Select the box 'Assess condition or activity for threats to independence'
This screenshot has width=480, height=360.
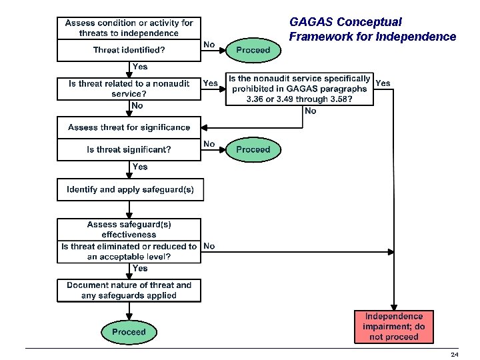[129, 28]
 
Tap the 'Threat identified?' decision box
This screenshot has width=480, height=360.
[129, 50]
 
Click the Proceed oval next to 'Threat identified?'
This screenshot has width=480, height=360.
[253, 50]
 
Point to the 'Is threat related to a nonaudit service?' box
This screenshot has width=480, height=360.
[129, 89]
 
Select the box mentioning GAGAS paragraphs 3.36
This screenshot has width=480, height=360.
[299, 89]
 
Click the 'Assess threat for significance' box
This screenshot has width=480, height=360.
[129, 127]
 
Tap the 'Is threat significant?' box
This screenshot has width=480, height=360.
[129, 150]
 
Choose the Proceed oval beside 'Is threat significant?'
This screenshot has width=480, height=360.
[253, 150]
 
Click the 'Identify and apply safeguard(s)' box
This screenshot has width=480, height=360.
[130, 190]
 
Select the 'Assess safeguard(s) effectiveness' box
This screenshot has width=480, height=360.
[129, 229]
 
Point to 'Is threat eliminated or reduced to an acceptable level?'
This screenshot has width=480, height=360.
[129, 251]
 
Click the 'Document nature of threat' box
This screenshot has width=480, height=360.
[129, 290]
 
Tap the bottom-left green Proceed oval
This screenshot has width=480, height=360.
[129, 332]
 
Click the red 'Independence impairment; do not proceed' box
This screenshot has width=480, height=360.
[393, 327]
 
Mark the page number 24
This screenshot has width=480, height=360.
[454, 355]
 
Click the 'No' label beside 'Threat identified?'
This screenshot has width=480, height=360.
[209, 45]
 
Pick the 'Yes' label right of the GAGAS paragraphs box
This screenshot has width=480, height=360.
[383, 83]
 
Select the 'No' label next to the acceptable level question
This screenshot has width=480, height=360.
[209, 246]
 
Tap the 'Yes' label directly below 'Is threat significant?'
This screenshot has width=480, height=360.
[140, 167]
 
